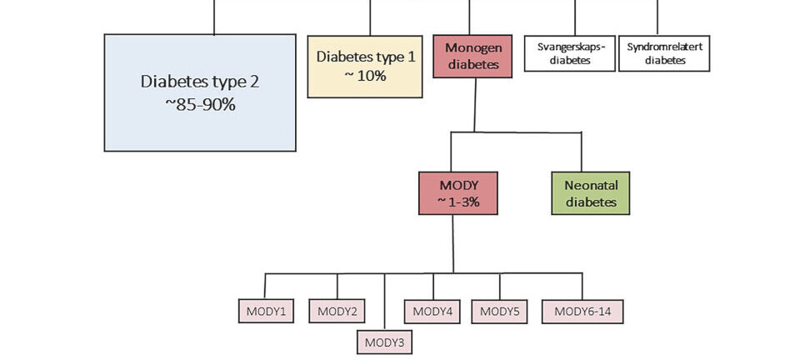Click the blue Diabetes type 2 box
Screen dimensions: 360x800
tap(199, 92)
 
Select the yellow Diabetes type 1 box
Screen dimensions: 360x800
tap(365, 67)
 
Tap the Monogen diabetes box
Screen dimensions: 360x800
tap(472, 56)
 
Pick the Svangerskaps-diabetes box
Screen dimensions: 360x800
tap(570, 53)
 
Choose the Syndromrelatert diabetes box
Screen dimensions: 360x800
tap(664, 53)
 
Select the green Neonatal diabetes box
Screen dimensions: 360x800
tap(591, 192)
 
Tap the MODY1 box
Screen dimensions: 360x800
tap(266, 312)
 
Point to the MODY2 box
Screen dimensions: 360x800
tap(337, 312)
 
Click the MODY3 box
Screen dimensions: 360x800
tap(384, 342)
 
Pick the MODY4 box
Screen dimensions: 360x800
tap(432, 312)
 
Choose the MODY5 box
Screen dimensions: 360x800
tap(500, 312)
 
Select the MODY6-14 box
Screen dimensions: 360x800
tap(582, 312)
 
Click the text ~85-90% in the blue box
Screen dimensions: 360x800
tap(199, 105)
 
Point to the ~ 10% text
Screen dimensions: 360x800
tap(365, 76)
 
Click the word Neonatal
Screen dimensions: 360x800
tap(591, 185)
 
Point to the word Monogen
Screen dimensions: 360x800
tap(472, 47)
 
